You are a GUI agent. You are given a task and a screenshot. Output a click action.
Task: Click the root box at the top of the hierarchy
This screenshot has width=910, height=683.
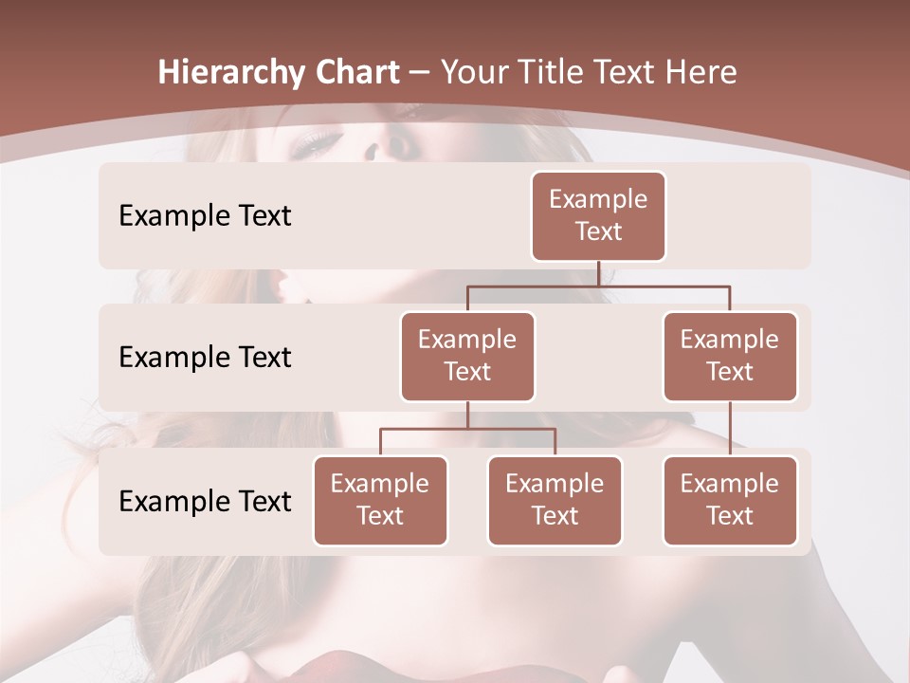598,215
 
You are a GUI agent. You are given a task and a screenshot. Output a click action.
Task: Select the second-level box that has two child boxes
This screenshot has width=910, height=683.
467,356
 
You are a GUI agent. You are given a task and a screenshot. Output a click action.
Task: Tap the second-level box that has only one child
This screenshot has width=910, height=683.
730,356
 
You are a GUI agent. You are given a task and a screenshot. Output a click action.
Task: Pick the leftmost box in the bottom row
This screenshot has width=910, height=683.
380,500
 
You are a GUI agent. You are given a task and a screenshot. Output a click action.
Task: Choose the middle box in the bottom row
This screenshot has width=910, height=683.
555,500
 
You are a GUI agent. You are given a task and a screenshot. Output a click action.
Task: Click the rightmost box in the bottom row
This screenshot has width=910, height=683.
730,500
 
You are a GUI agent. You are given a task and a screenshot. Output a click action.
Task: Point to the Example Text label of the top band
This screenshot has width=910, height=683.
205,215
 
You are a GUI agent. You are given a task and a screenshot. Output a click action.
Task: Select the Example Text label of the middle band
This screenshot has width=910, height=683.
205,357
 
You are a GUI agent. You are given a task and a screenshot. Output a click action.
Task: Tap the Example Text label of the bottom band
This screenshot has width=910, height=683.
205,501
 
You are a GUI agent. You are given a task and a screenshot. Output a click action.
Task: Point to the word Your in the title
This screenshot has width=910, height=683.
474,72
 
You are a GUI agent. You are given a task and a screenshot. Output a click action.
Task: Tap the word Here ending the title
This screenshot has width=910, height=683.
700,72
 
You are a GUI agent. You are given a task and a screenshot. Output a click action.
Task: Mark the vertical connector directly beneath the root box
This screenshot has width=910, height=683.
598,273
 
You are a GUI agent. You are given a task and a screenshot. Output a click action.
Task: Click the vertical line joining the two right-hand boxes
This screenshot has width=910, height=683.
730,428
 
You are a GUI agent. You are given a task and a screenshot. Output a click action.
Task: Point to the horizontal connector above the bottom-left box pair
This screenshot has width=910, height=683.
467,429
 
